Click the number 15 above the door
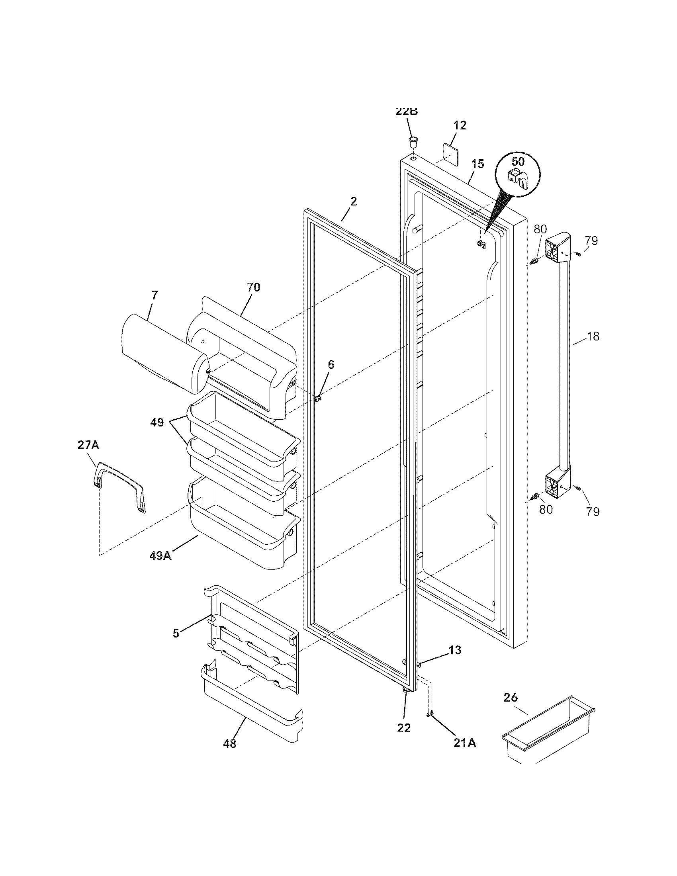pos(477,164)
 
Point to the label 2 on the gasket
pos(353,201)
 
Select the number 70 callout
pos(253,287)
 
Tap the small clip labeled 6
pos(318,398)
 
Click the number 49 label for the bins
pos(157,422)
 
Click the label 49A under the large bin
pos(160,556)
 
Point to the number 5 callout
pos(176,633)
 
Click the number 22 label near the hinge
pos(404,728)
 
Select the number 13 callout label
pos(454,650)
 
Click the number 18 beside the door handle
pos(593,336)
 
